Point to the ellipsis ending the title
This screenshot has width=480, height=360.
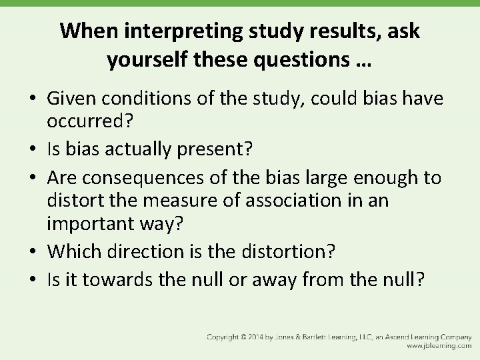[363, 63]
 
